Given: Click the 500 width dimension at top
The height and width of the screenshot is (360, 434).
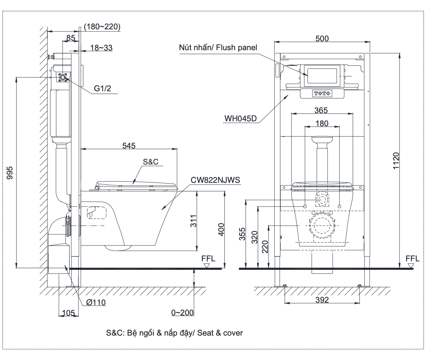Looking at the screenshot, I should [x=322, y=39].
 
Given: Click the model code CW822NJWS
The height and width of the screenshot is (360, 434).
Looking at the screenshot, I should [x=215, y=180].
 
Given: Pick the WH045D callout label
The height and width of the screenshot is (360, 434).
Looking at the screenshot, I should [x=240, y=118].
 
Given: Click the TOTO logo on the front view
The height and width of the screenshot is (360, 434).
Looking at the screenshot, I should [x=322, y=94].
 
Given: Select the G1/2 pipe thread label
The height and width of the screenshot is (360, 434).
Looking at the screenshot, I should [x=102, y=89].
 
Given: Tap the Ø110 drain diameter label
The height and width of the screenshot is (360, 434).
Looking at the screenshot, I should [x=96, y=302].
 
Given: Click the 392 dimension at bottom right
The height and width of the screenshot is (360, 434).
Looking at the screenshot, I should [x=322, y=300].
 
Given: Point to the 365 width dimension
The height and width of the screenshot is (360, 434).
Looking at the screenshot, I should [x=321, y=110].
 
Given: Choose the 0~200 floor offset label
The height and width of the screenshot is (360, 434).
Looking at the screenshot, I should [x=182, y=313].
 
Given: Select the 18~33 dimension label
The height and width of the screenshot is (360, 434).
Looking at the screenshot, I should [x=101, y=47].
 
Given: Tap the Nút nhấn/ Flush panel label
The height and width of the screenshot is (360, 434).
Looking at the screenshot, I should [x=218, y=47].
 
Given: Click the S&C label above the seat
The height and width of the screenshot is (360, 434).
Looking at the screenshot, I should [x=151, y=162].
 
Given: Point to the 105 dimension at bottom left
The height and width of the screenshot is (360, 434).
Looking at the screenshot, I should [x=68, y=313].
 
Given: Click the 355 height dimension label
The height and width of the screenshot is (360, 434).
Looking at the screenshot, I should [x=242, y=234].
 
